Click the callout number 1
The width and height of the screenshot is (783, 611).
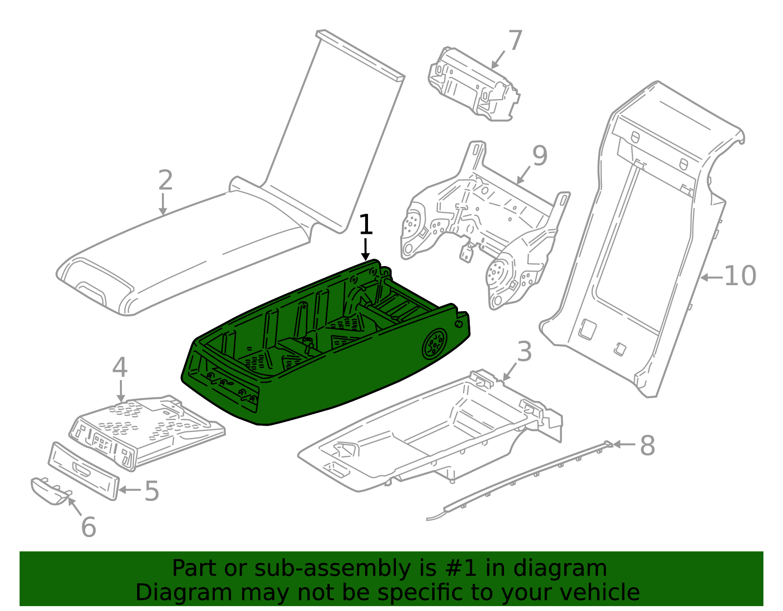point(366,226)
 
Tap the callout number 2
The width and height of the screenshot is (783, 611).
point(165,181)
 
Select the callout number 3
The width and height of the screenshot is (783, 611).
point(524,352)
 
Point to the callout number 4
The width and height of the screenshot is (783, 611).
point(120,368)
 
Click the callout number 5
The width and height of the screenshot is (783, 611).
point(152,491)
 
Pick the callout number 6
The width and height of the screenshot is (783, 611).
point(88,527)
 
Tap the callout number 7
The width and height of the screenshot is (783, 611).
point(515,41)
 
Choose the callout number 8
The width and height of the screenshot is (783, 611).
point(647,446)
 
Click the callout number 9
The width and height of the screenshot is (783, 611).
point(539,156)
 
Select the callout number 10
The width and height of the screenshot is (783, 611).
point(739,276)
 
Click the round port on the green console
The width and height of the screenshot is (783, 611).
point(434,344)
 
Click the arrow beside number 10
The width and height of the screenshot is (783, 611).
point(711,277)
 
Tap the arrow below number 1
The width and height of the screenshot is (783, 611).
point(365,249)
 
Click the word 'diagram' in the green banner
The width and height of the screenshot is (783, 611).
point(570,569)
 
